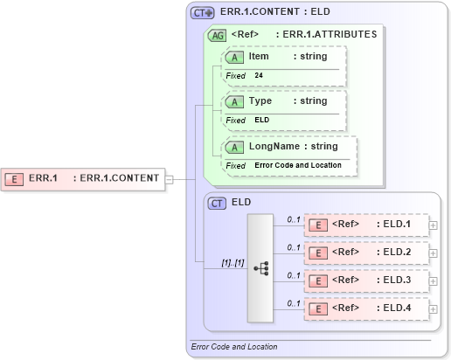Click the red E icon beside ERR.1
point(15,178)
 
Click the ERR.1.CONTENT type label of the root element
point(120,178)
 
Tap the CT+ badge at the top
point(203,13)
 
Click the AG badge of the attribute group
point(217,35)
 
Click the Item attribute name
point(259,57)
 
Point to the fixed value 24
point(259,76)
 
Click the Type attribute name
point(260,101)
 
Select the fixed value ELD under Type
point(262,120)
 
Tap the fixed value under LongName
point(298,165)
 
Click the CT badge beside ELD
point(218,203)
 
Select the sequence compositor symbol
point(260,268)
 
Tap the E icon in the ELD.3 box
point(321,280)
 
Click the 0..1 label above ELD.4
point(294,302)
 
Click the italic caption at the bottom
point(234,347)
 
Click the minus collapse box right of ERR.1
point(170,179)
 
